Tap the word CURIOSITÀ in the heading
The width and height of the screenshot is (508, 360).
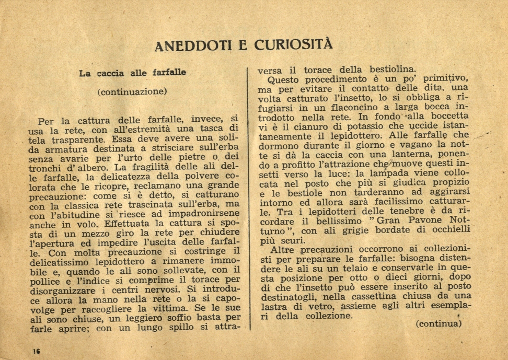(293, 45)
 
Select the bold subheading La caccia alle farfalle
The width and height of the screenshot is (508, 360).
(132, 73)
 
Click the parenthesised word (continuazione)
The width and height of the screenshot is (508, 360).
(132, 92)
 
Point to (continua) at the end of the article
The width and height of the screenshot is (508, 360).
(438, 323)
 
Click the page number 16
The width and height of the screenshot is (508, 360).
(36, 351)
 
